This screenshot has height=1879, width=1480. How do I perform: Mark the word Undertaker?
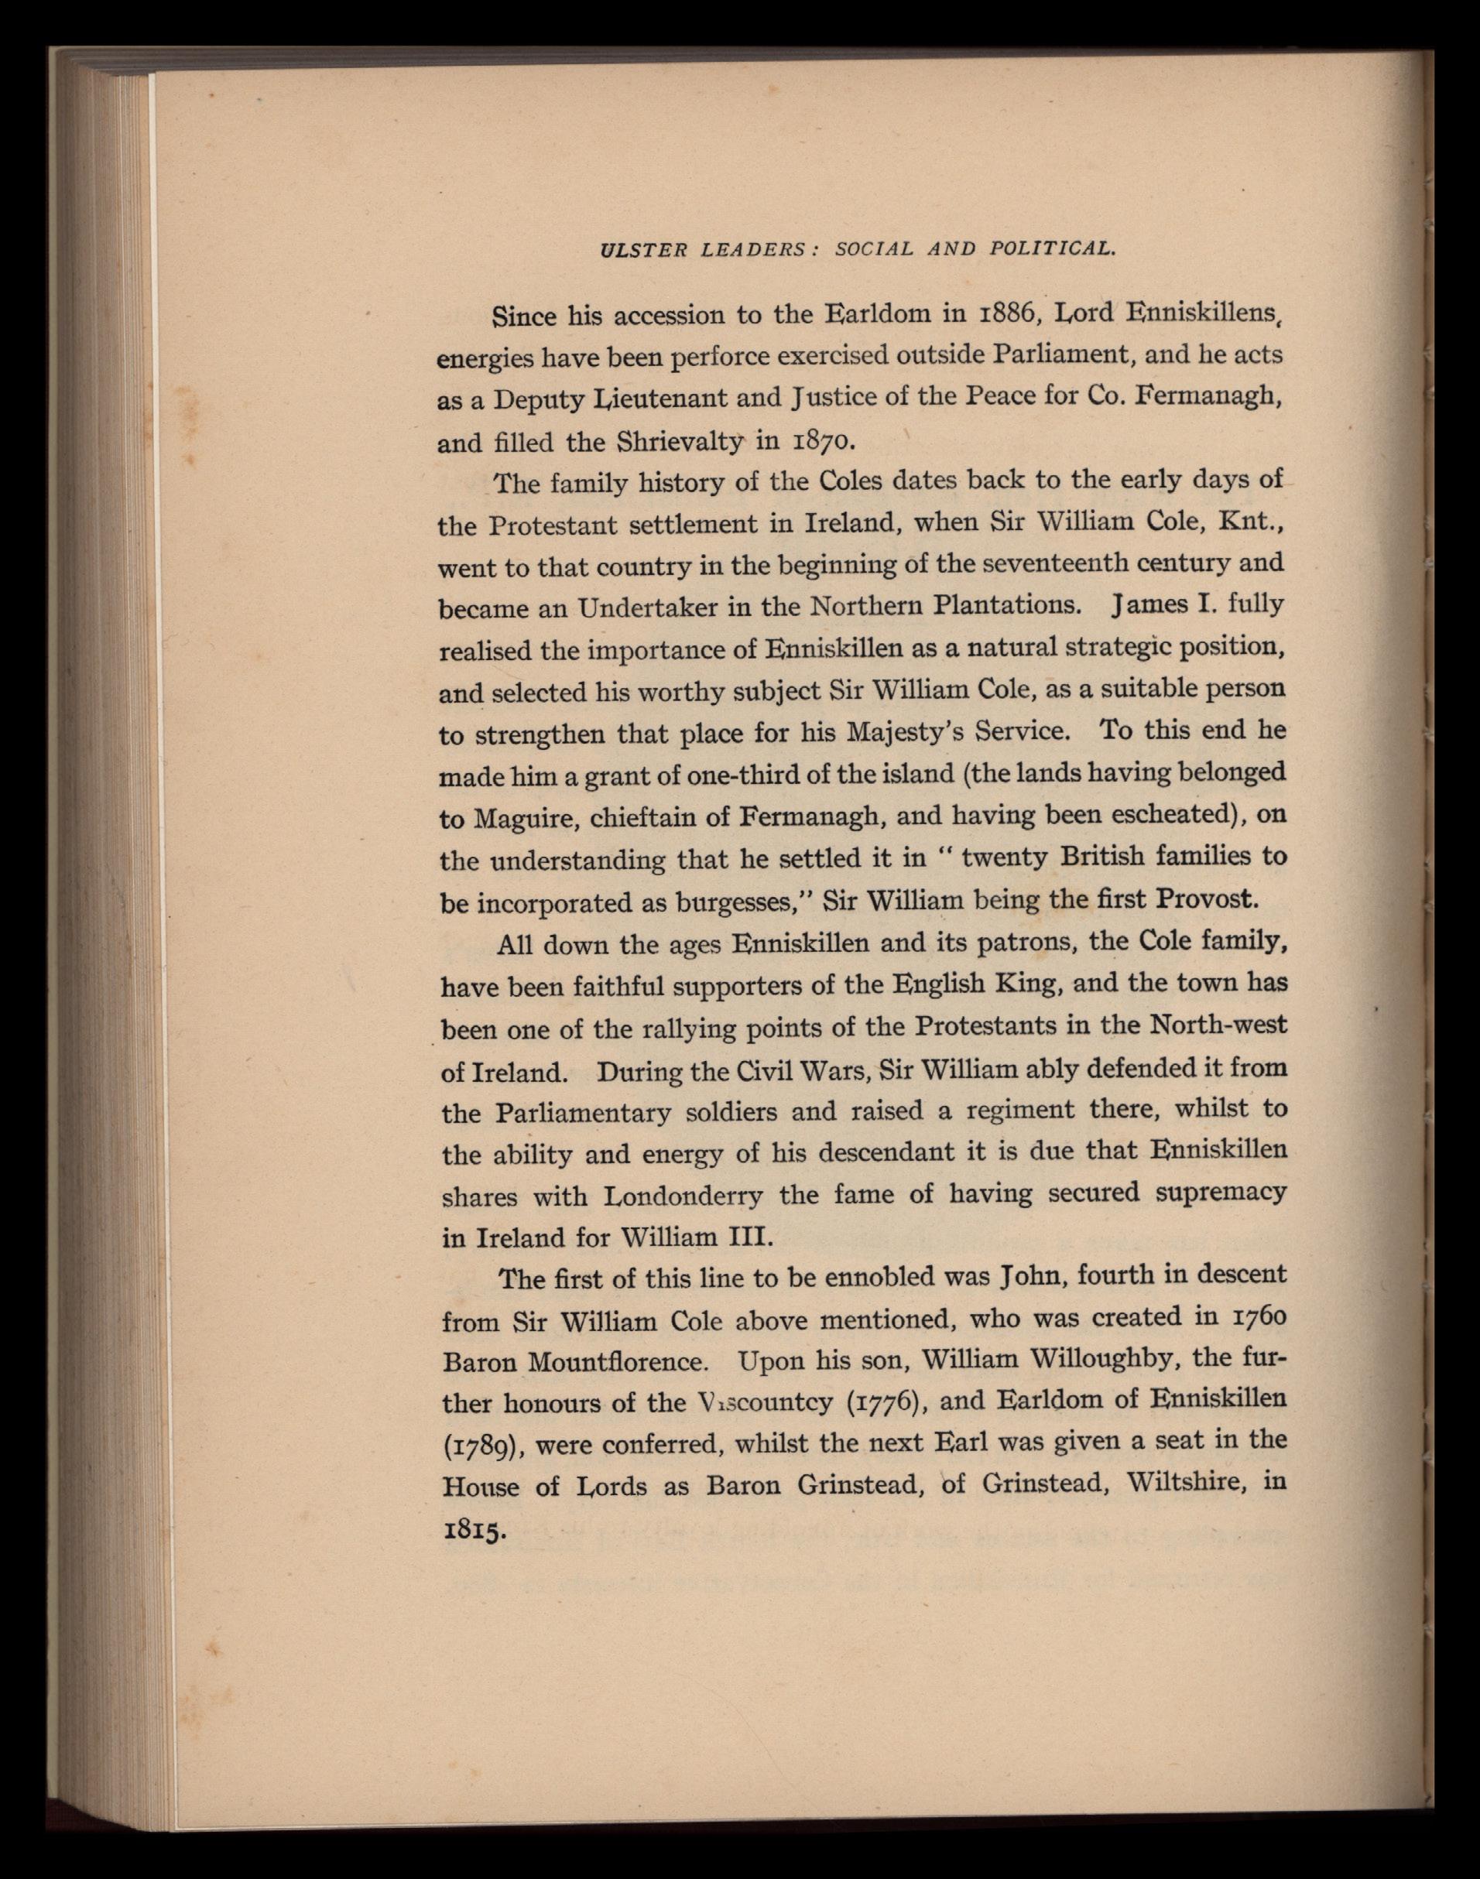click(x=646, y=608)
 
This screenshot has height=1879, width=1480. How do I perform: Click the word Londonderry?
click(x=683, y=1197)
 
